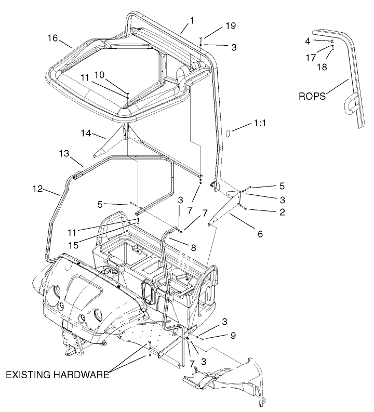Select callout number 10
[113, 75]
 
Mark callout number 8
[193, 248]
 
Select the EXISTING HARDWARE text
[57, 375]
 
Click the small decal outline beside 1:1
[226, 132]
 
